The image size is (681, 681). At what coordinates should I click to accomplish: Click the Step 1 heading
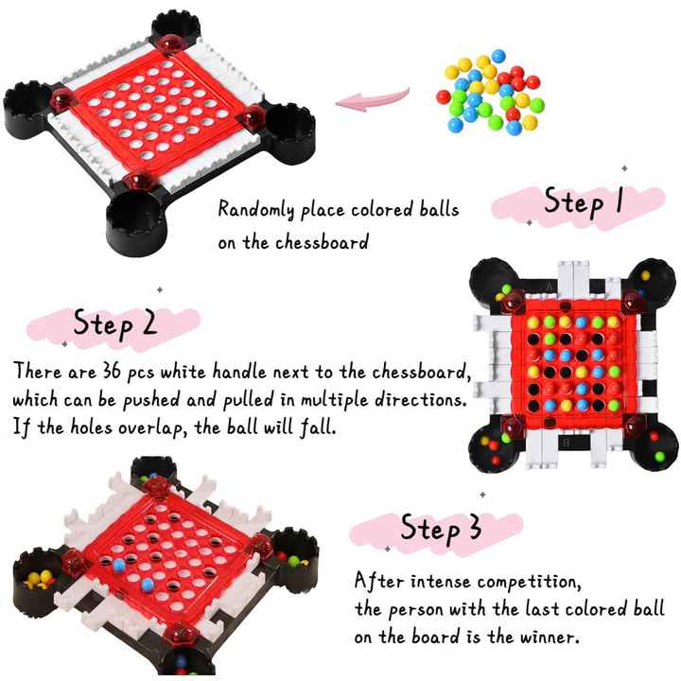pos(584,202)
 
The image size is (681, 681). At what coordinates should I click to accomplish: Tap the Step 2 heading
pos(114,323)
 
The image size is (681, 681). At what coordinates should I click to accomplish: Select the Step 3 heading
pos(441,528)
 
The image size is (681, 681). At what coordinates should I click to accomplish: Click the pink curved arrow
pos(373,99)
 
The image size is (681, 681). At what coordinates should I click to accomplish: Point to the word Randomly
pos(256,210)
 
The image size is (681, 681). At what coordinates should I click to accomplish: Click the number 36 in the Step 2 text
pos(112,372)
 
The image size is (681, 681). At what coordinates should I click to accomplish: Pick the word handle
pos(239,372)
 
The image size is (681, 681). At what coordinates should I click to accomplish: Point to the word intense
pos(441,582)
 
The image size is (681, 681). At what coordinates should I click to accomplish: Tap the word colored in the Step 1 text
pos(382,210)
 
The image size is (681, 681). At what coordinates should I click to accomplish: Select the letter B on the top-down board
pos(566,443)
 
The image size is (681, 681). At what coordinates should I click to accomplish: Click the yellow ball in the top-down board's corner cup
pos(645,275)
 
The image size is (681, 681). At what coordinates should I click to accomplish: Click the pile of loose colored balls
pos(490,92)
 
